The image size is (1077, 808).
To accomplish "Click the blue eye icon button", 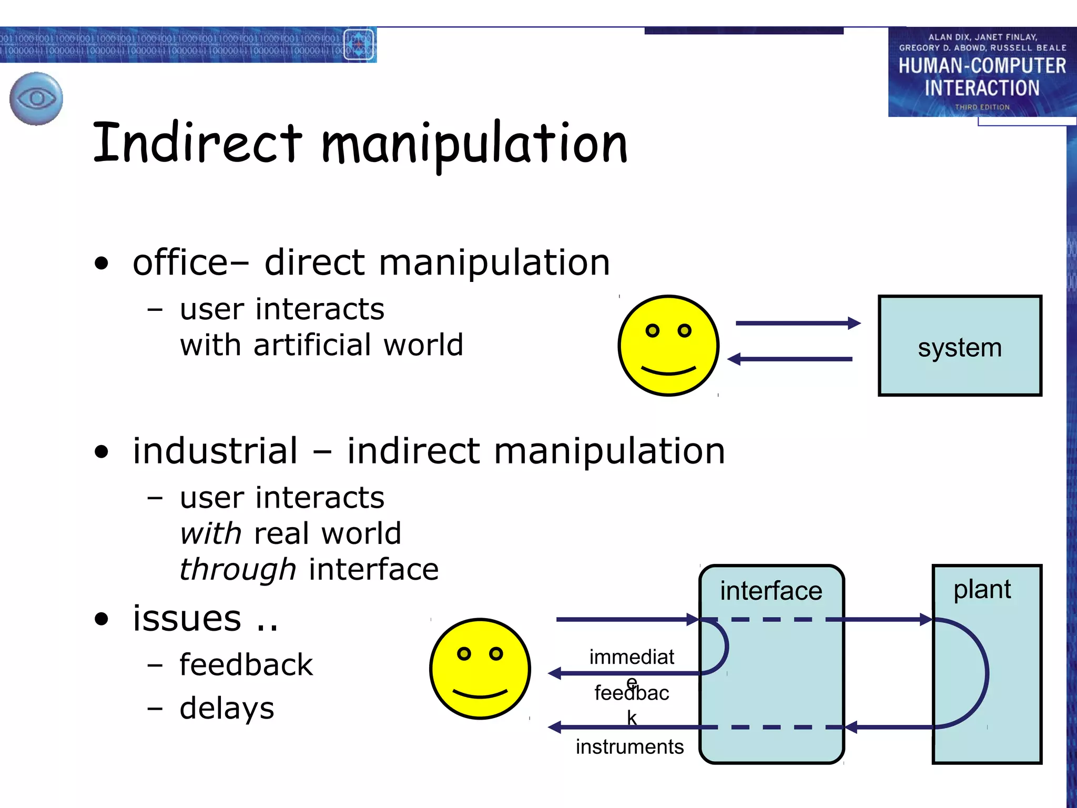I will [x=36, y=98].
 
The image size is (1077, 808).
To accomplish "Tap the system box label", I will [x=960, y=348].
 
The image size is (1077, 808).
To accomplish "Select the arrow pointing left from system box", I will [x=790, y=359].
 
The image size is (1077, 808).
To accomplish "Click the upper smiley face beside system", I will [x=668, y=345].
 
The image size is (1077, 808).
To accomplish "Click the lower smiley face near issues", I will [x=480, y=668].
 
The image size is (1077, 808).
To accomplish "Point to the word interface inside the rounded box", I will [x=770, y=590].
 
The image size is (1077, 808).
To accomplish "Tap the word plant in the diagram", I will [x=982, y=589].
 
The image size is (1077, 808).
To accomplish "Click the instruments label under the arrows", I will [x=629, y=746].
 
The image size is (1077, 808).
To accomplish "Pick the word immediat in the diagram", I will [x=631, y=656].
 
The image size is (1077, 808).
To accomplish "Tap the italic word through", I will [x=238, y=570].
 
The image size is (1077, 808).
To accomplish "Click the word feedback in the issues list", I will [x=246, y=664].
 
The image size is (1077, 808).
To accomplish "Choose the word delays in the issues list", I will [x=227, y=708].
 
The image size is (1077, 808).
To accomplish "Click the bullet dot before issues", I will [x=101, y=619].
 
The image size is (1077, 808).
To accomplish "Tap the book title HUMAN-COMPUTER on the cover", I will [x=982, y=66].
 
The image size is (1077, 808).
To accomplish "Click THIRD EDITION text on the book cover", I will [x=982, y=107].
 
